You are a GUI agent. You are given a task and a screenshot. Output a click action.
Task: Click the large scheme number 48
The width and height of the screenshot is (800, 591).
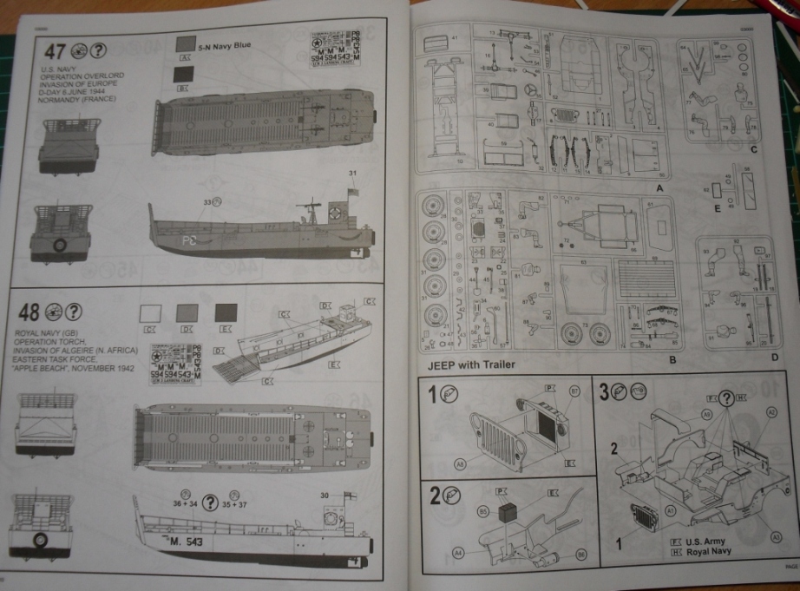pos(28,312)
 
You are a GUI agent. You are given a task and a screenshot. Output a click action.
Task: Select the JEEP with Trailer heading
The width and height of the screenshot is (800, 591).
pos(466,364)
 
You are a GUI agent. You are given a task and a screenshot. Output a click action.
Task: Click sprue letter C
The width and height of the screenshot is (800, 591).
pos(754,149)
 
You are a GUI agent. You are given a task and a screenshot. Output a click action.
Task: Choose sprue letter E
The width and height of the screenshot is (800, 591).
pos(717,208)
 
